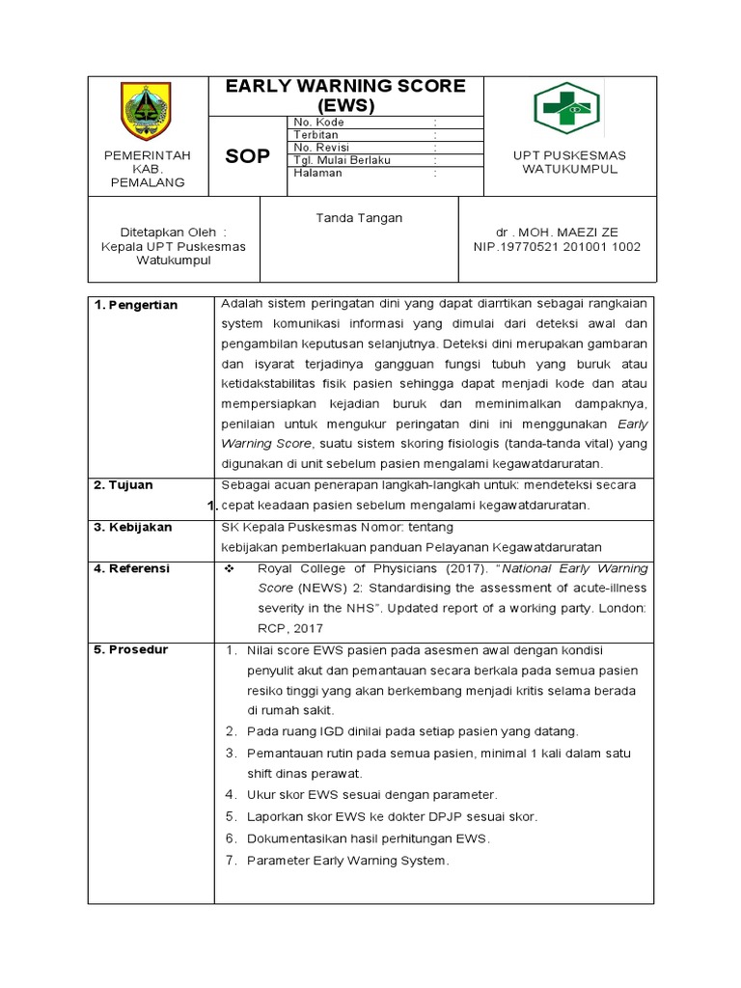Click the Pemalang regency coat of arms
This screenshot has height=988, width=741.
149,112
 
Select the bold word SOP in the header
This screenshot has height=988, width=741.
247,156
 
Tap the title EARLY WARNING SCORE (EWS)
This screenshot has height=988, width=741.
345,96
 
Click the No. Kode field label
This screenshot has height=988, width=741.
317,123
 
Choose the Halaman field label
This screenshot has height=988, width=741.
315,174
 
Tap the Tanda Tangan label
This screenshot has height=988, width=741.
359,218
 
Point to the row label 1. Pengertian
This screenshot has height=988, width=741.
136,306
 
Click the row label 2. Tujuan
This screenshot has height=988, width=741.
123,485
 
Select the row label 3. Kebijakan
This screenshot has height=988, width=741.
133,528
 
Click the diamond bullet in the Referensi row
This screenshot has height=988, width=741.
230,569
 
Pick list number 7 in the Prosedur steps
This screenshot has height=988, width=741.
231,861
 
